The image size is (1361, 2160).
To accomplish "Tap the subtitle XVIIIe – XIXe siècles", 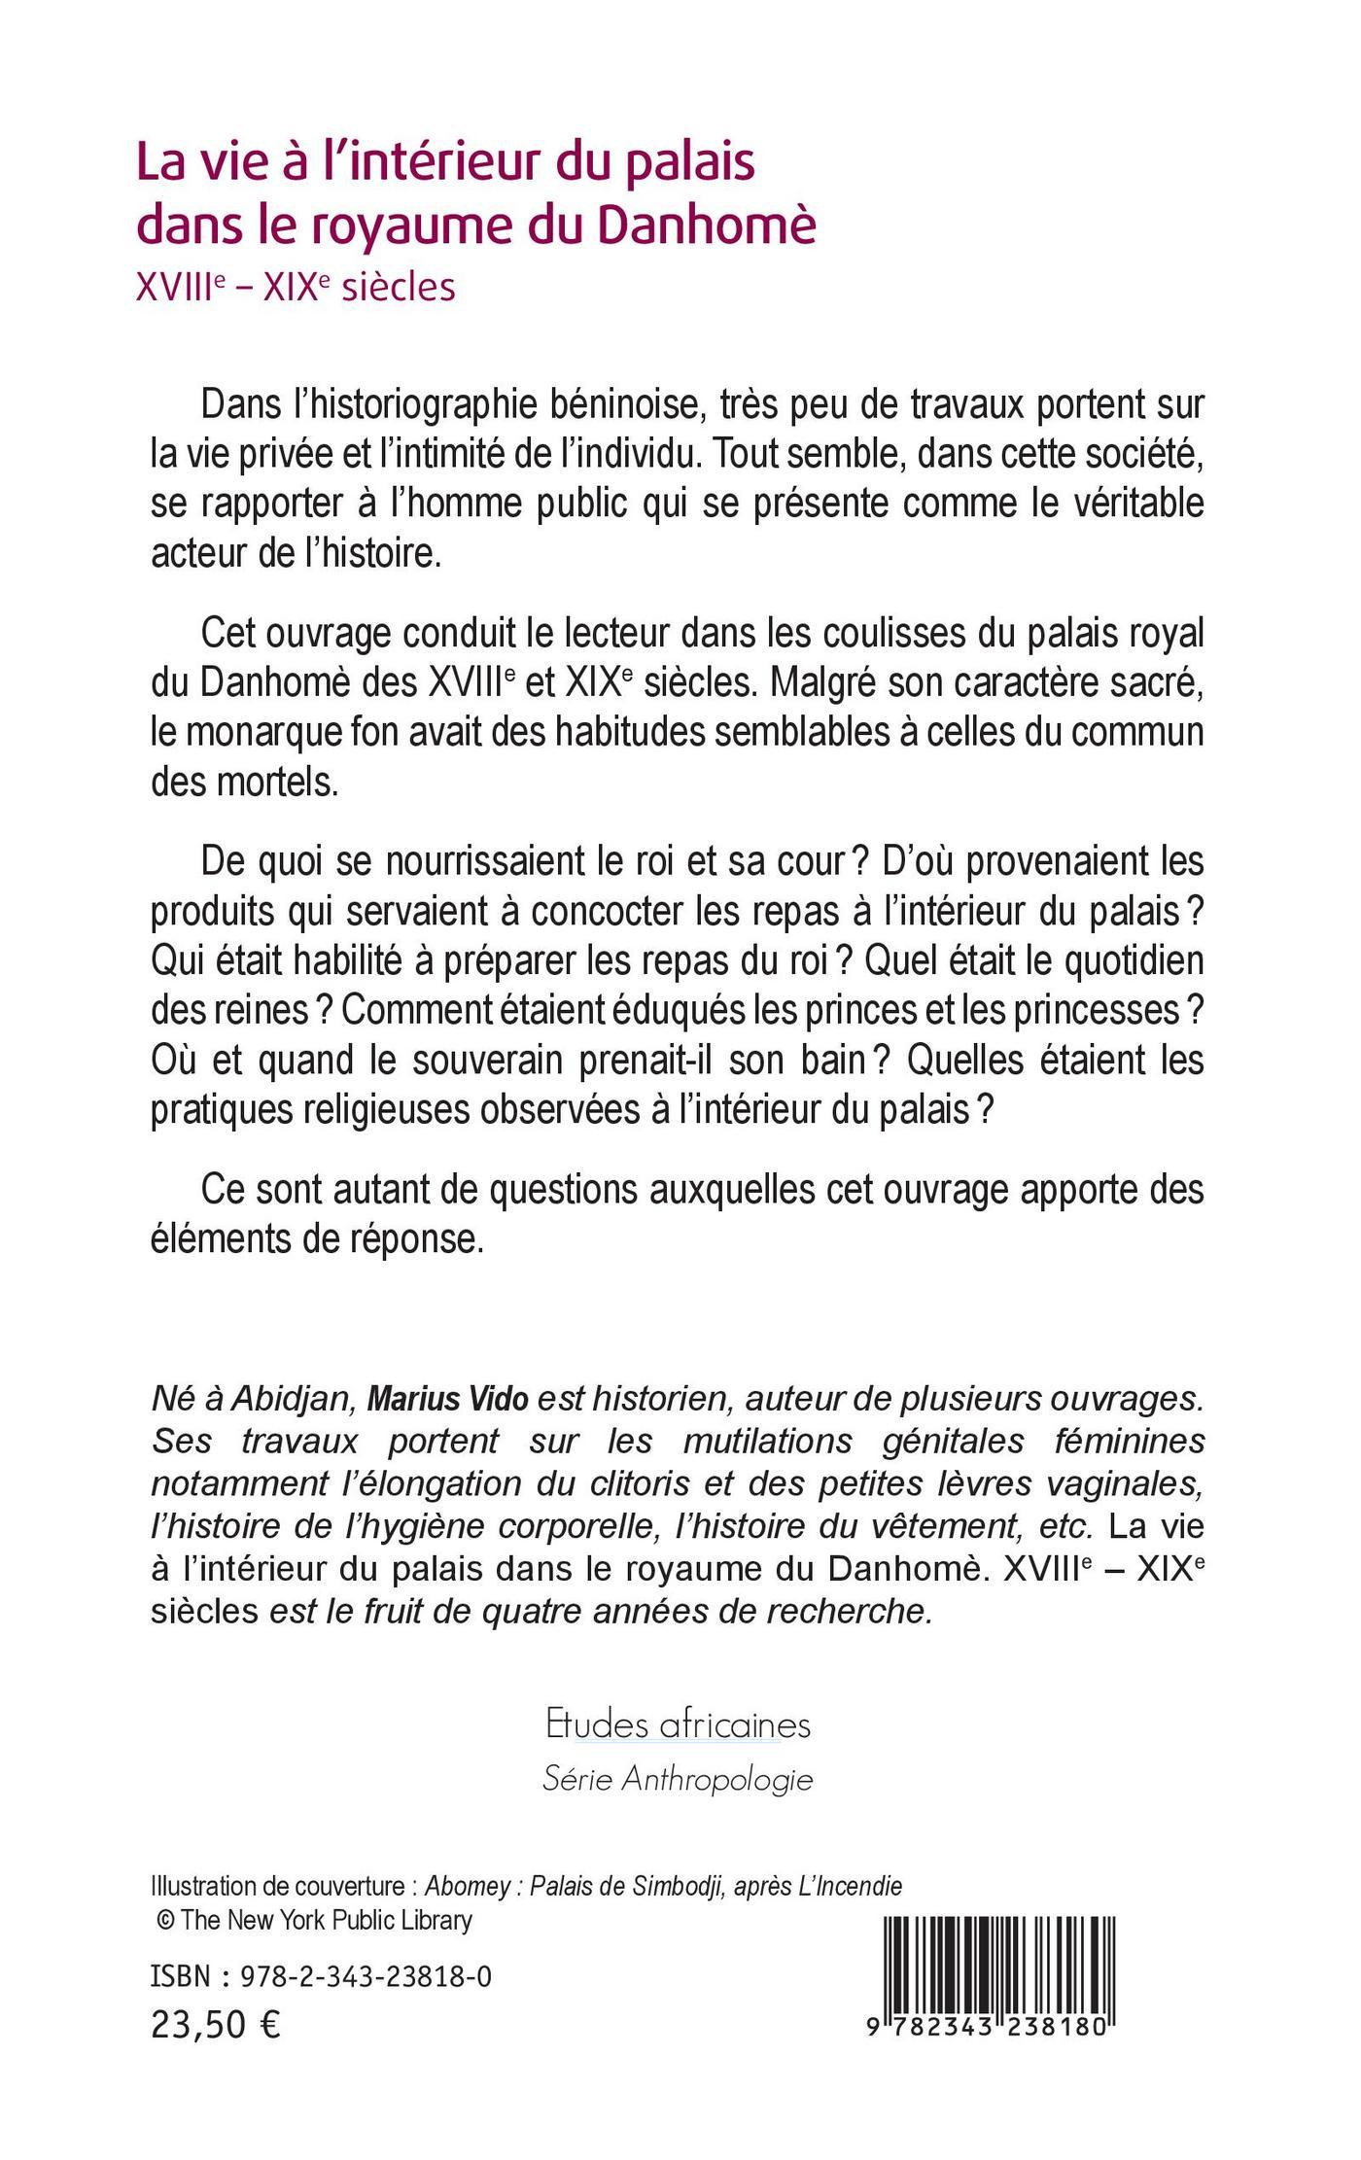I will [297, 288].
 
